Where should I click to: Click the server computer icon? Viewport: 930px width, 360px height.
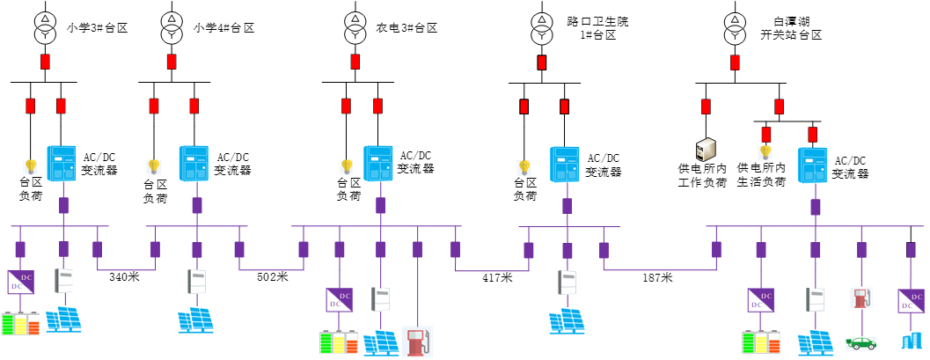pos(706,150)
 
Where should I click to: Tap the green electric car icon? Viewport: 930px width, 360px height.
pos(861,343)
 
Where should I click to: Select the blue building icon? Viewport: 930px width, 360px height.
pos(912,342)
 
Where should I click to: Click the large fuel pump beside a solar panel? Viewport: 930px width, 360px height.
pos(417,342)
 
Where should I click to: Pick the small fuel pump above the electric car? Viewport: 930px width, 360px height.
pos(861,298)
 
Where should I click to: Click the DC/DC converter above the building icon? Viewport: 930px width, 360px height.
pos(911,301)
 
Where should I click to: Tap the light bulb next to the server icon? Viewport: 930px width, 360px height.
pos(765,152)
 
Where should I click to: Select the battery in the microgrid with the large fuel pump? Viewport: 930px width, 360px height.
pos(339,342)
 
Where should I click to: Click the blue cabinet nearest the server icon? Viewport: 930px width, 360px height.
pos(813,165)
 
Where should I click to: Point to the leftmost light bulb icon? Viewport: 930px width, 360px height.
pos(31,166)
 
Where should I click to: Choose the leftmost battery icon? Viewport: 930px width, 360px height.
pos(20,323)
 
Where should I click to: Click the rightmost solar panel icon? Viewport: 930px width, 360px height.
pos(816,342)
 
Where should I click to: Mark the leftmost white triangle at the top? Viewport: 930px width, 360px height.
pos(45,18)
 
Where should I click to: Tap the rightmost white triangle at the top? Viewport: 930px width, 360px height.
pos(735,19)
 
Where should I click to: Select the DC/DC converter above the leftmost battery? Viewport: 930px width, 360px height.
pos(20,282)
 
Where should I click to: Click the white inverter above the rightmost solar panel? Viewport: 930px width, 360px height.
pos(816,299)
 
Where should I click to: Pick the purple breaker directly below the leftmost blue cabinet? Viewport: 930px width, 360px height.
pos(63,205)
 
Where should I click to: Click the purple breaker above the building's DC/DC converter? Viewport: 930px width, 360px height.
pos(911,250)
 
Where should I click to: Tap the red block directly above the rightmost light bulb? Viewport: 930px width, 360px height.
pos(765,135)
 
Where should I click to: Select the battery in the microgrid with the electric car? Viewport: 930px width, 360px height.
pos(761,342)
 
